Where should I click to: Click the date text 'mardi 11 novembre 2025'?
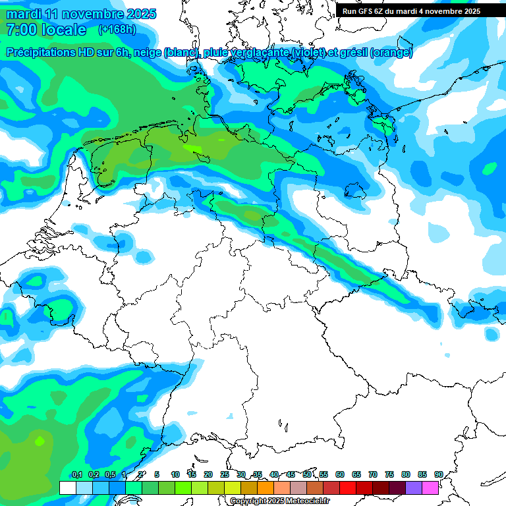point(81,14)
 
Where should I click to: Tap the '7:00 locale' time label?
point(45,30)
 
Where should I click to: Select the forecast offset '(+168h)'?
point(118,30)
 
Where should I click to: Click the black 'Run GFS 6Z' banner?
point(411,11)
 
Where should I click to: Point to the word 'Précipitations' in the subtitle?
point(44,53)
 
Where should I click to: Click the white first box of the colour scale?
point(67,488)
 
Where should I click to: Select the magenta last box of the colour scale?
point(430,488)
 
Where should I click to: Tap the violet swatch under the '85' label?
point(414,488)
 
